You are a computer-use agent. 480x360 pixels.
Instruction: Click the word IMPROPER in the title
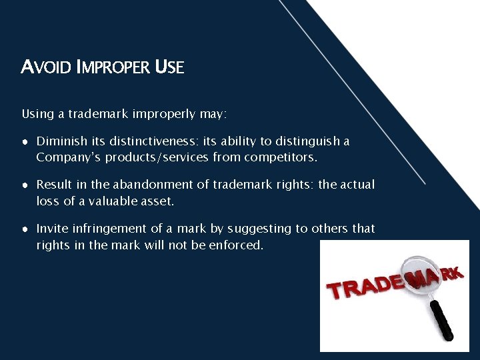tap(113, 67)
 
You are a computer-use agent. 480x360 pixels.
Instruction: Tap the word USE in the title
tap(169, 67)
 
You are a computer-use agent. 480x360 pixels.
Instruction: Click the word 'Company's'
tap(65, 157)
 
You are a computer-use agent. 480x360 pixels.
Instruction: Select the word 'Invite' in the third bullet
tap(53, 229)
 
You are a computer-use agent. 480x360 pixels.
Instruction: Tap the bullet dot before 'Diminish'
tap(25, 142)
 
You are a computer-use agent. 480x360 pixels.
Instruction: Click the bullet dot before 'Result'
tap(25, 185)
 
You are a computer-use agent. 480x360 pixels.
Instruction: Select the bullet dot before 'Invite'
tap(25, 229)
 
